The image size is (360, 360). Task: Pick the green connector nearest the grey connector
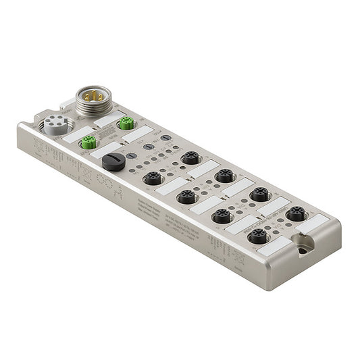click(88, 142)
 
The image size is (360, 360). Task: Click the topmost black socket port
click(190, 158)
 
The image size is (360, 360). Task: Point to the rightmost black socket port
click(294, 214)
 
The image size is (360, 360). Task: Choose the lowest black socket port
click(257, 236)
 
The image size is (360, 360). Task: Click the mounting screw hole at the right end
click(302, 251)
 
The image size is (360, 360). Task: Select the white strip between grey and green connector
click(72, 136)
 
